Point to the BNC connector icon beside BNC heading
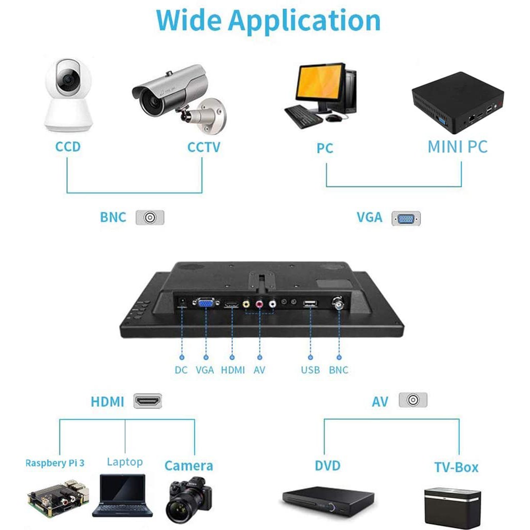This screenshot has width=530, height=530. pyautogui.click(x=150, y=217)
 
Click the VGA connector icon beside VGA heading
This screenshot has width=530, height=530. pyautogui.click(x=406, y=218)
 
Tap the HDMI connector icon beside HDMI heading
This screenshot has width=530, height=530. pyautogui.click(x=148, y=401)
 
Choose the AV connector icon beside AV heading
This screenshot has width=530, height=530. pyautogui.click(x=413, y=400)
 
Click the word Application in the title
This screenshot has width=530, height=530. pyautogui.click(x=304, y=21)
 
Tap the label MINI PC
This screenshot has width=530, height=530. pyautogui.click(x=457, y=146)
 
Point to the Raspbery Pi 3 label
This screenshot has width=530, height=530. pyautogui.click(x=55, y=463)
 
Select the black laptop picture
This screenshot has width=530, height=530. pyautogui.click(x=123, y=496)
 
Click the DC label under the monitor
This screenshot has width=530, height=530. pyautogui.click(x=181, y=370)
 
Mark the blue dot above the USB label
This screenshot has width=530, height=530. pyautogui.click(x=311, y=357)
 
